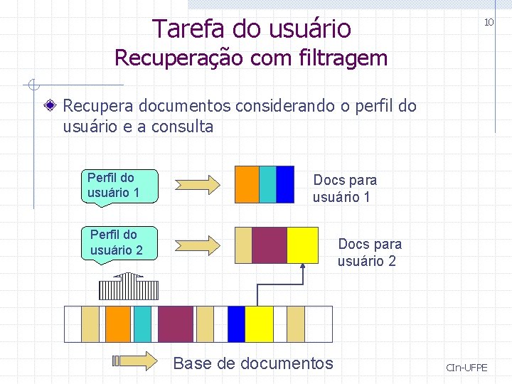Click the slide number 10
point(489,23)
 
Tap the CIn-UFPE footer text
point(466,368)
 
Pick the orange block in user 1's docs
point(247,185)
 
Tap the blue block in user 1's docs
point(284,185)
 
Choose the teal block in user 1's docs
point(267,185)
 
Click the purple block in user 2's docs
point(270,245)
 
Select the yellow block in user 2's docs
point(302,245)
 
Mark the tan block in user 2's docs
point(243,245)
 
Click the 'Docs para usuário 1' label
point(344,188)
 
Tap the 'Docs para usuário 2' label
point(369,252)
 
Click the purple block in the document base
point(176,324)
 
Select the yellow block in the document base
point(259,324)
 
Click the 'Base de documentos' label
point(252,363)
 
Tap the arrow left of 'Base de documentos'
point(134,361)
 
